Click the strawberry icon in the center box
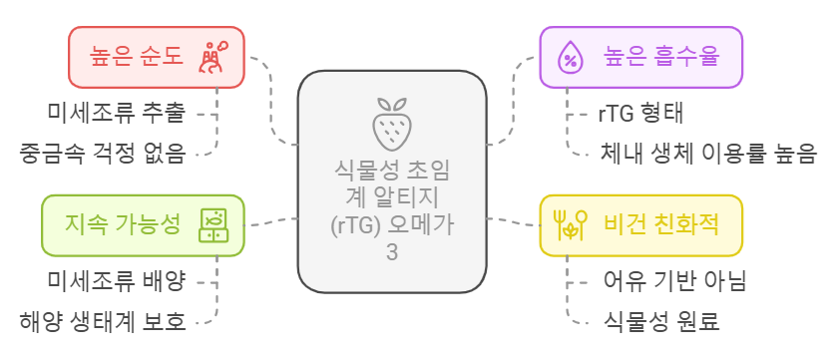pyautogui.click(x=392, y=123)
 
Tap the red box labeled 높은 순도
pyautogui.click(x=157, y=56)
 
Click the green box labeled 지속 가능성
pyautogui.click(x=143, y=224)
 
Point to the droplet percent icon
pyautogui.click(x=571, y=57)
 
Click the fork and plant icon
pyautogui.click(x=570, y=224)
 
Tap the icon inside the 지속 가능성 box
pyautogui.click(x=213, y=224)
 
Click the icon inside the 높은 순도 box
pyautogui.click(x=213, y=56)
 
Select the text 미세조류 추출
pyautogui.click(x=116, y=113)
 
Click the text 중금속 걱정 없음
pyautogui.click(x=102, y=154)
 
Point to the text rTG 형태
pyautogui.click(x=640, y=113)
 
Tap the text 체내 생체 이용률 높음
pyautogui.click(x=708, y=154)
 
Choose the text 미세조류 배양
pyautogui.click(x=116, y=280)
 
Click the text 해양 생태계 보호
pyautogui.click(x=102, y=321)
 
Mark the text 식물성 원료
pyautogui.click(x=661, y=321)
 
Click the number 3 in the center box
pyautogui.click(x=392, y=252)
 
